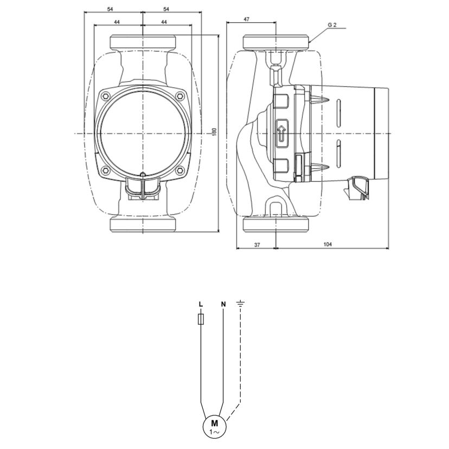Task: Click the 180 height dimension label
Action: (215, 132)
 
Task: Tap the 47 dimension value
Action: (246, 20)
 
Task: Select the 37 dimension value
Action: (257, 245)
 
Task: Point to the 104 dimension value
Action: (328, 244)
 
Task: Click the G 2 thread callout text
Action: (332, 25)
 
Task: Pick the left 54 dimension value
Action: (110, 9)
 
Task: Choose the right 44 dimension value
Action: (164, 22)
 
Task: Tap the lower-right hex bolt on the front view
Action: (180, 171)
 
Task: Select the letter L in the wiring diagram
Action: (201, 304)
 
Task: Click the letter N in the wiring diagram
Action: (223, 304)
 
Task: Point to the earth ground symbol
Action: (240, 303)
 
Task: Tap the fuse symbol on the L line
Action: (201, 319)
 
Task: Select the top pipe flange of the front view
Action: (143, 42)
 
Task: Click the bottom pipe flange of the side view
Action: (276, 224)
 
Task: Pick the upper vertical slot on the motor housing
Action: (338, 113)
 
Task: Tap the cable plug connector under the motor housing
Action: (358, 187)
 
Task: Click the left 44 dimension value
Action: (117, 22)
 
